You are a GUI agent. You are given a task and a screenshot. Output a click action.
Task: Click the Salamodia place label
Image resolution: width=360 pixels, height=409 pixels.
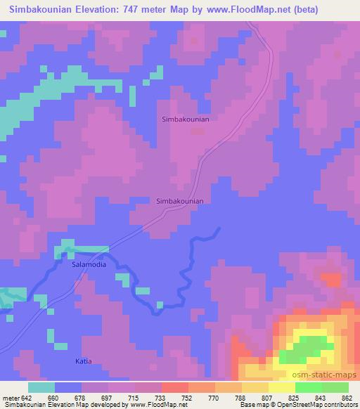[x=89, y=265]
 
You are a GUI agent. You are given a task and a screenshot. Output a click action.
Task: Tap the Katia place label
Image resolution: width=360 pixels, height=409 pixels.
[x=84, y=361]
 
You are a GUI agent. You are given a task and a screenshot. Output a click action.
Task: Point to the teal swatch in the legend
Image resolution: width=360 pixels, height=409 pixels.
[x=41, y=387]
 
